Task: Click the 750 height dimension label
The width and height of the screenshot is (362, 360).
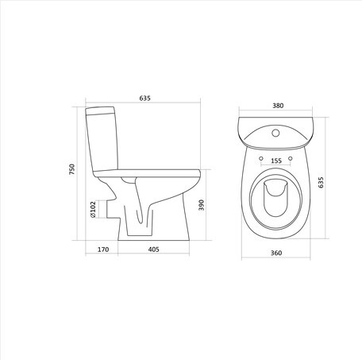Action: point(72,169)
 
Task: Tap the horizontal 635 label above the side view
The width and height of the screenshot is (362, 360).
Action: point(145,99)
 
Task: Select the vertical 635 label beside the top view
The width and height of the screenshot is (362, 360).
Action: point(321,182)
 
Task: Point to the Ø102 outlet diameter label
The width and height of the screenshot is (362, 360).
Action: point(93,209)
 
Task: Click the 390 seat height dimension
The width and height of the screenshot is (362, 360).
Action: point(202,205)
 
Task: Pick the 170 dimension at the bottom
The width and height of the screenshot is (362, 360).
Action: point(103,250)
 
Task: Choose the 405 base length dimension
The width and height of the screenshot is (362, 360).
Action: point(154,250)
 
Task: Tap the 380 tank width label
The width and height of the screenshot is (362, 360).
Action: point(278,106)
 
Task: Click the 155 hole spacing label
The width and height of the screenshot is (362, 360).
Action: point(276,161)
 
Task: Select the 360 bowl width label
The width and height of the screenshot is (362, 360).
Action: point(276,253)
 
